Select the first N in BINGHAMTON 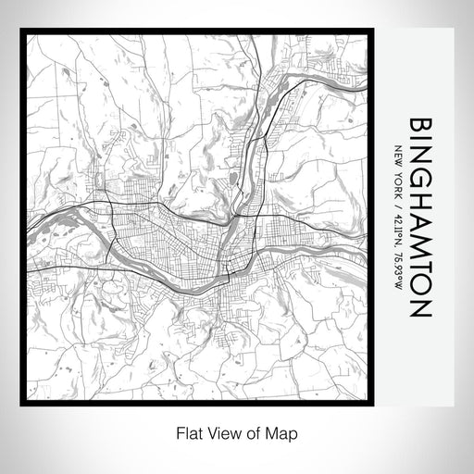coord(418,155)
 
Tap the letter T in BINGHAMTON coord(418,261)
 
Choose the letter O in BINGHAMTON coord(418,281)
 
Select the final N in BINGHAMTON coord(418,304)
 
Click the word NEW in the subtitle coord(397,156)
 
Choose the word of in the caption coord(248,432)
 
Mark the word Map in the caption coord(273,432)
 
